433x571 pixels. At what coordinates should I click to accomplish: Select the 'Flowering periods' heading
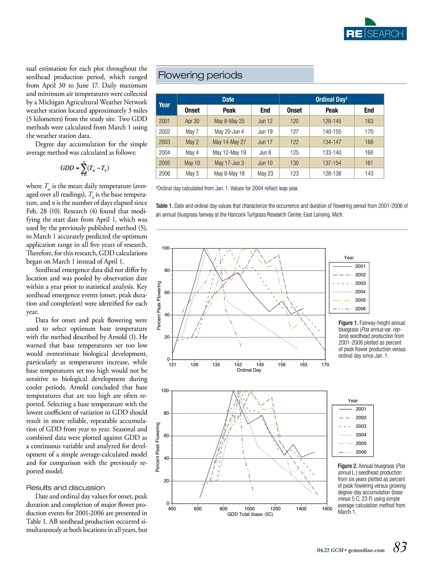click(200, 75)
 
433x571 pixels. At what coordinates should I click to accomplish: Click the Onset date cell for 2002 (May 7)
click(192, 132)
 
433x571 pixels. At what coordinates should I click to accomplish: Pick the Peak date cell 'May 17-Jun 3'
click(229, 163)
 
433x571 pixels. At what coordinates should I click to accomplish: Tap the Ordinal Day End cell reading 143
click(369, 174)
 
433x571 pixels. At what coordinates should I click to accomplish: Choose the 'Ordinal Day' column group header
click(331, 99)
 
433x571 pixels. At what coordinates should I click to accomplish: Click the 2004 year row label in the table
click(164, 153)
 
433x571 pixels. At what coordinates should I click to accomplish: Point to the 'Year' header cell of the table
click(165, 105)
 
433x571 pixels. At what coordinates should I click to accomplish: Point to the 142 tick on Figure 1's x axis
click(238, 365)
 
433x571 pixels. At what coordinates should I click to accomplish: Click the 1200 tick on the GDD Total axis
click(275, 509)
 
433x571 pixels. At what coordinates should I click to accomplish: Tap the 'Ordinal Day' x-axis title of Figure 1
click(249, 370)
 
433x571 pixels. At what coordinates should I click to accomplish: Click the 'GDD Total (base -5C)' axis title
click(250, 514)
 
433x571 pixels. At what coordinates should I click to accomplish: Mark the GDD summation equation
click(85, 168)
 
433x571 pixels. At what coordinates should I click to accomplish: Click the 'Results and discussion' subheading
click(66, 488)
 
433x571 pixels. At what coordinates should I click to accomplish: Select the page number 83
click(400, 547)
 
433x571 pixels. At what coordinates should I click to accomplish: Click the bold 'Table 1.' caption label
click(164, 206)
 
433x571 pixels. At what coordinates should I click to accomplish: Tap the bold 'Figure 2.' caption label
click(347, 466)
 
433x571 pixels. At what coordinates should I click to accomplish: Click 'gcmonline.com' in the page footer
click(366, 550)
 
